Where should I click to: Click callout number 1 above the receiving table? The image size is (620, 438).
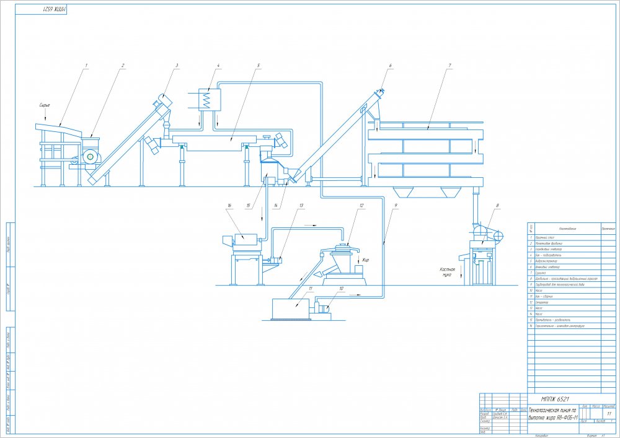tap(87, 65)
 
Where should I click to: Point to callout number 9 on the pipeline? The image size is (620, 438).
tap(396, 205)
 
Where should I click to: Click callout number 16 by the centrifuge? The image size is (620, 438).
tap(229, 205)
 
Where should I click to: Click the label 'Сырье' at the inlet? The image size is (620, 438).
tap(44, 105)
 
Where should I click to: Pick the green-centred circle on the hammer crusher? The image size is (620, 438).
tap(91, 157)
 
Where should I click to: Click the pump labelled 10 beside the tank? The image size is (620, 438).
tap(324, 305)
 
